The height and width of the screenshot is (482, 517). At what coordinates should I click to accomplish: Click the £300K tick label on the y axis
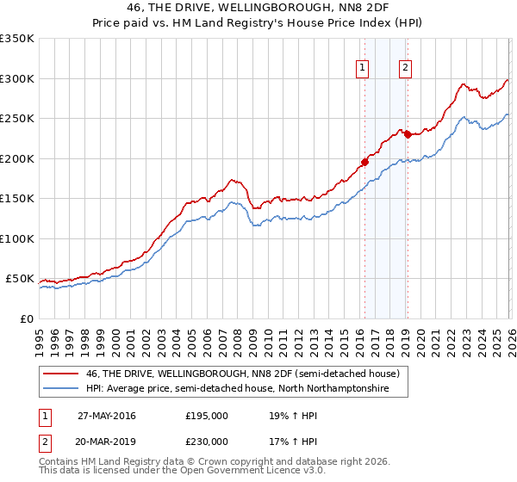point(17,78)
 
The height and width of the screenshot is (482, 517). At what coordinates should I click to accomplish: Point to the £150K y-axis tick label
point(17,199)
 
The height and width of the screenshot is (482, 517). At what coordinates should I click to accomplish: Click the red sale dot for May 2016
point(364,162)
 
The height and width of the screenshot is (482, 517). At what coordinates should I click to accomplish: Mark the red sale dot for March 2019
point(408,133)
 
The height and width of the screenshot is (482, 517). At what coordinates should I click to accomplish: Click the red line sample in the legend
point(61,374)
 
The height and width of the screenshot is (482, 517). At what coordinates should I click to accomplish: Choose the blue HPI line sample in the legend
point(61,389)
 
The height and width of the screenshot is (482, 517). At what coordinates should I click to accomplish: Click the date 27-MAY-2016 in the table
point(107,416)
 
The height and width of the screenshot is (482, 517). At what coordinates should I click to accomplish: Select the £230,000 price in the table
point(206,442)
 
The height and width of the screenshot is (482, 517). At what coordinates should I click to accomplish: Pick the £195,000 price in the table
point(206,416)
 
